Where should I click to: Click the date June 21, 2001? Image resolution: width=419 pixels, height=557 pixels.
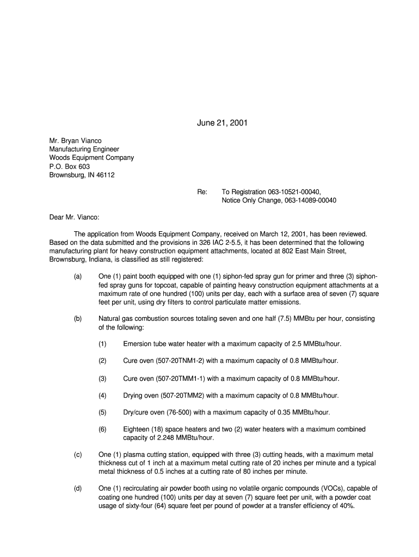click(x=222, y=123)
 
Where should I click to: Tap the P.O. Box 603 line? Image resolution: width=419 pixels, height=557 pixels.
click(x=70, y=166)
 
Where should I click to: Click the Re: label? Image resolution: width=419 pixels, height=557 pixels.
click(x=202, y=192)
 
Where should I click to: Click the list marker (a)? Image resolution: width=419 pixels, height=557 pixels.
click(x=78, y=276)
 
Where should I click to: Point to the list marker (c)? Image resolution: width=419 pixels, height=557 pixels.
click(x=78, y=454)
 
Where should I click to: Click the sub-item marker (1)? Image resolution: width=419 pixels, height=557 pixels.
click(x=102, y=344)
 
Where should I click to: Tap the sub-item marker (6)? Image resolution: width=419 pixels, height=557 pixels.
click(x=102, y=429)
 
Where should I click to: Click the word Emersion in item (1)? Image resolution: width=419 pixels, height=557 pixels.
click(x=139, y=344)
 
